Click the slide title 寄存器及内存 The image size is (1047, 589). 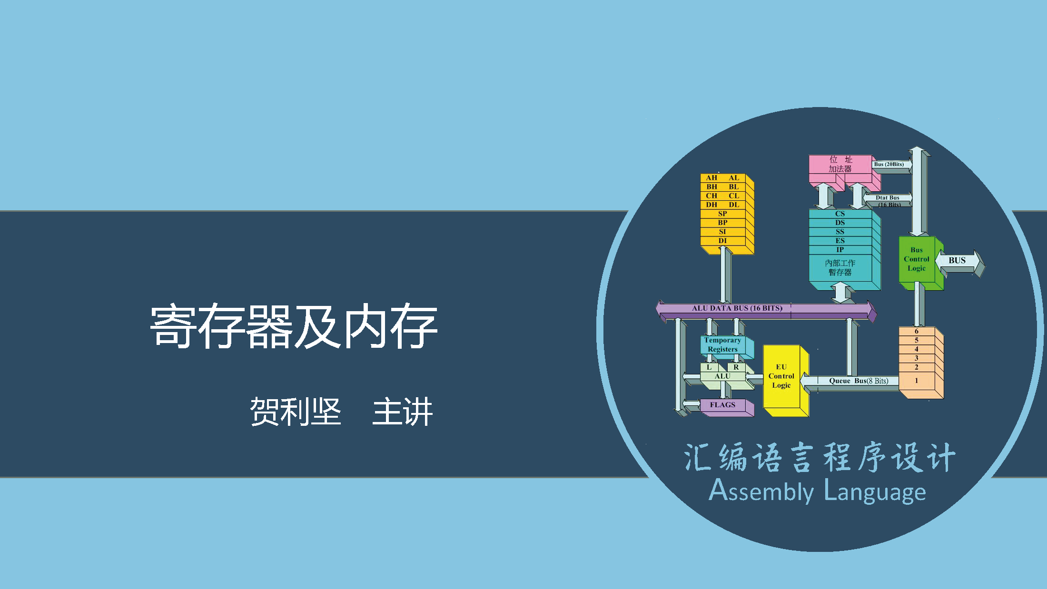(294, 326)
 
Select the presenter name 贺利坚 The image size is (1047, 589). (296, 412)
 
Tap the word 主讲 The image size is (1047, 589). (403, 412)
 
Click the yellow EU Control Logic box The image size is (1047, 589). (781, 376)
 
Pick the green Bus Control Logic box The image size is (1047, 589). (917, 259)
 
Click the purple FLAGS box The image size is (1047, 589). (722, 405)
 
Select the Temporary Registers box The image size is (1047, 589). (722, 344)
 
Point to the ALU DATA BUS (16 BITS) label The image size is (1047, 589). (737, 308)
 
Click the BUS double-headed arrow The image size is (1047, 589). (957, 261)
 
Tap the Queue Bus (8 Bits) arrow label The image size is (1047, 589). (859, 381)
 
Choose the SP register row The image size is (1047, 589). (722, 214)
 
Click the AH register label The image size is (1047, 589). (711, 178)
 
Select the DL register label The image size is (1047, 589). (734, 205)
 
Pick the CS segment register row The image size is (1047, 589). (840, 214)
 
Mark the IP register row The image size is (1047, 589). (840, 250)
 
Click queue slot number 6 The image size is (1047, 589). (917, 331)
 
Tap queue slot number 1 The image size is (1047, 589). (917, 381)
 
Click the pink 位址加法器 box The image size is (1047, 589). (840, 164)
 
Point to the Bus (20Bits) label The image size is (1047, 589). (889, 165)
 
